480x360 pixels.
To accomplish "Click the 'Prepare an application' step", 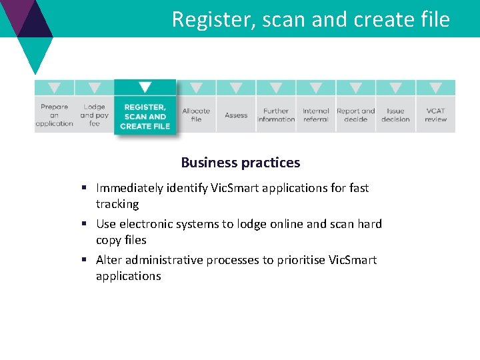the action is pos(54,115).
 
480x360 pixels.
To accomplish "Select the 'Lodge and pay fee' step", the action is pos(94,115).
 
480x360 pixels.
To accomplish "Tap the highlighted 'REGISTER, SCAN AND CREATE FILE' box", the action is pos(145,116).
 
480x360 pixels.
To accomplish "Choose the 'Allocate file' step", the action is pos(196,115).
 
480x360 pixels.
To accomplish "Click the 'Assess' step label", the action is pos(236,115).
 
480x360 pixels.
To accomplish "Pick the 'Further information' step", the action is pos(276,115).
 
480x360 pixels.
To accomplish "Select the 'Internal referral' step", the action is pos(316,115).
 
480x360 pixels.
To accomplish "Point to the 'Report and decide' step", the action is pos(356,115).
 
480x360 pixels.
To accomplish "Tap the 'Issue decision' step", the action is pos(395,115).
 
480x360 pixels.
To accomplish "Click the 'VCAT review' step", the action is pos(436,115).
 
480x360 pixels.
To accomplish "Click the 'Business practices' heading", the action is pos(240,163).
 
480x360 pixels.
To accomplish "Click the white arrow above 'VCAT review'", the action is pos(436,87).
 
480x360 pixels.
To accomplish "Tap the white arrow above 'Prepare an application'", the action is pos(54,87).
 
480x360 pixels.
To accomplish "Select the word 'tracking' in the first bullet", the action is pos(117,204).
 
